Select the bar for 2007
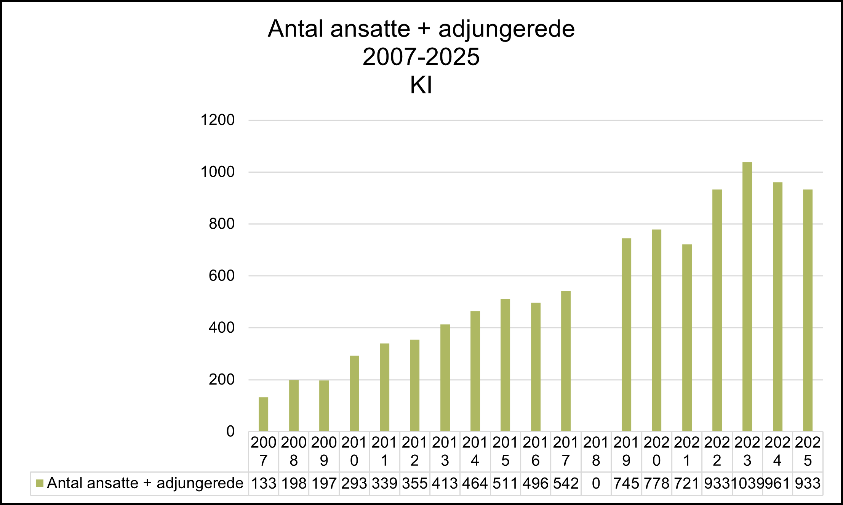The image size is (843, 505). click(x=263, y=414)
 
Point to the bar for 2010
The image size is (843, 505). click(x=354, y=393)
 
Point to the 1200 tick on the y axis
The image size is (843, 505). click(x=218, y=120)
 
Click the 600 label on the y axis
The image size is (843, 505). click(x=222, y=276)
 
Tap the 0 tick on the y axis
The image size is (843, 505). click(x=230, y=431)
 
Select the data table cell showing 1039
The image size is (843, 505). click(x=747, y=484)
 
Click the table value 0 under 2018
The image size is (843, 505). click(x=596, y=484)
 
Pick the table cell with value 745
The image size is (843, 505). click(x=626, y=484)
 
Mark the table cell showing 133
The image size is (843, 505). click(x=264, y=484)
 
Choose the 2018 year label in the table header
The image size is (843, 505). click(x=596, y=452)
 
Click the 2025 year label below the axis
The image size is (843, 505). click(x=808, y=452)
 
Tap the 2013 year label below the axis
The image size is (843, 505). click(x=445, y=452)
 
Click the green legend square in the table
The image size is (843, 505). click(x=39, y=483)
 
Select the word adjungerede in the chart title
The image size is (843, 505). click(x=506, y=29)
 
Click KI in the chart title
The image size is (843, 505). click(x=421, y=85)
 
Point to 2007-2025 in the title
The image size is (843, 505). click(x=421, y=57)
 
